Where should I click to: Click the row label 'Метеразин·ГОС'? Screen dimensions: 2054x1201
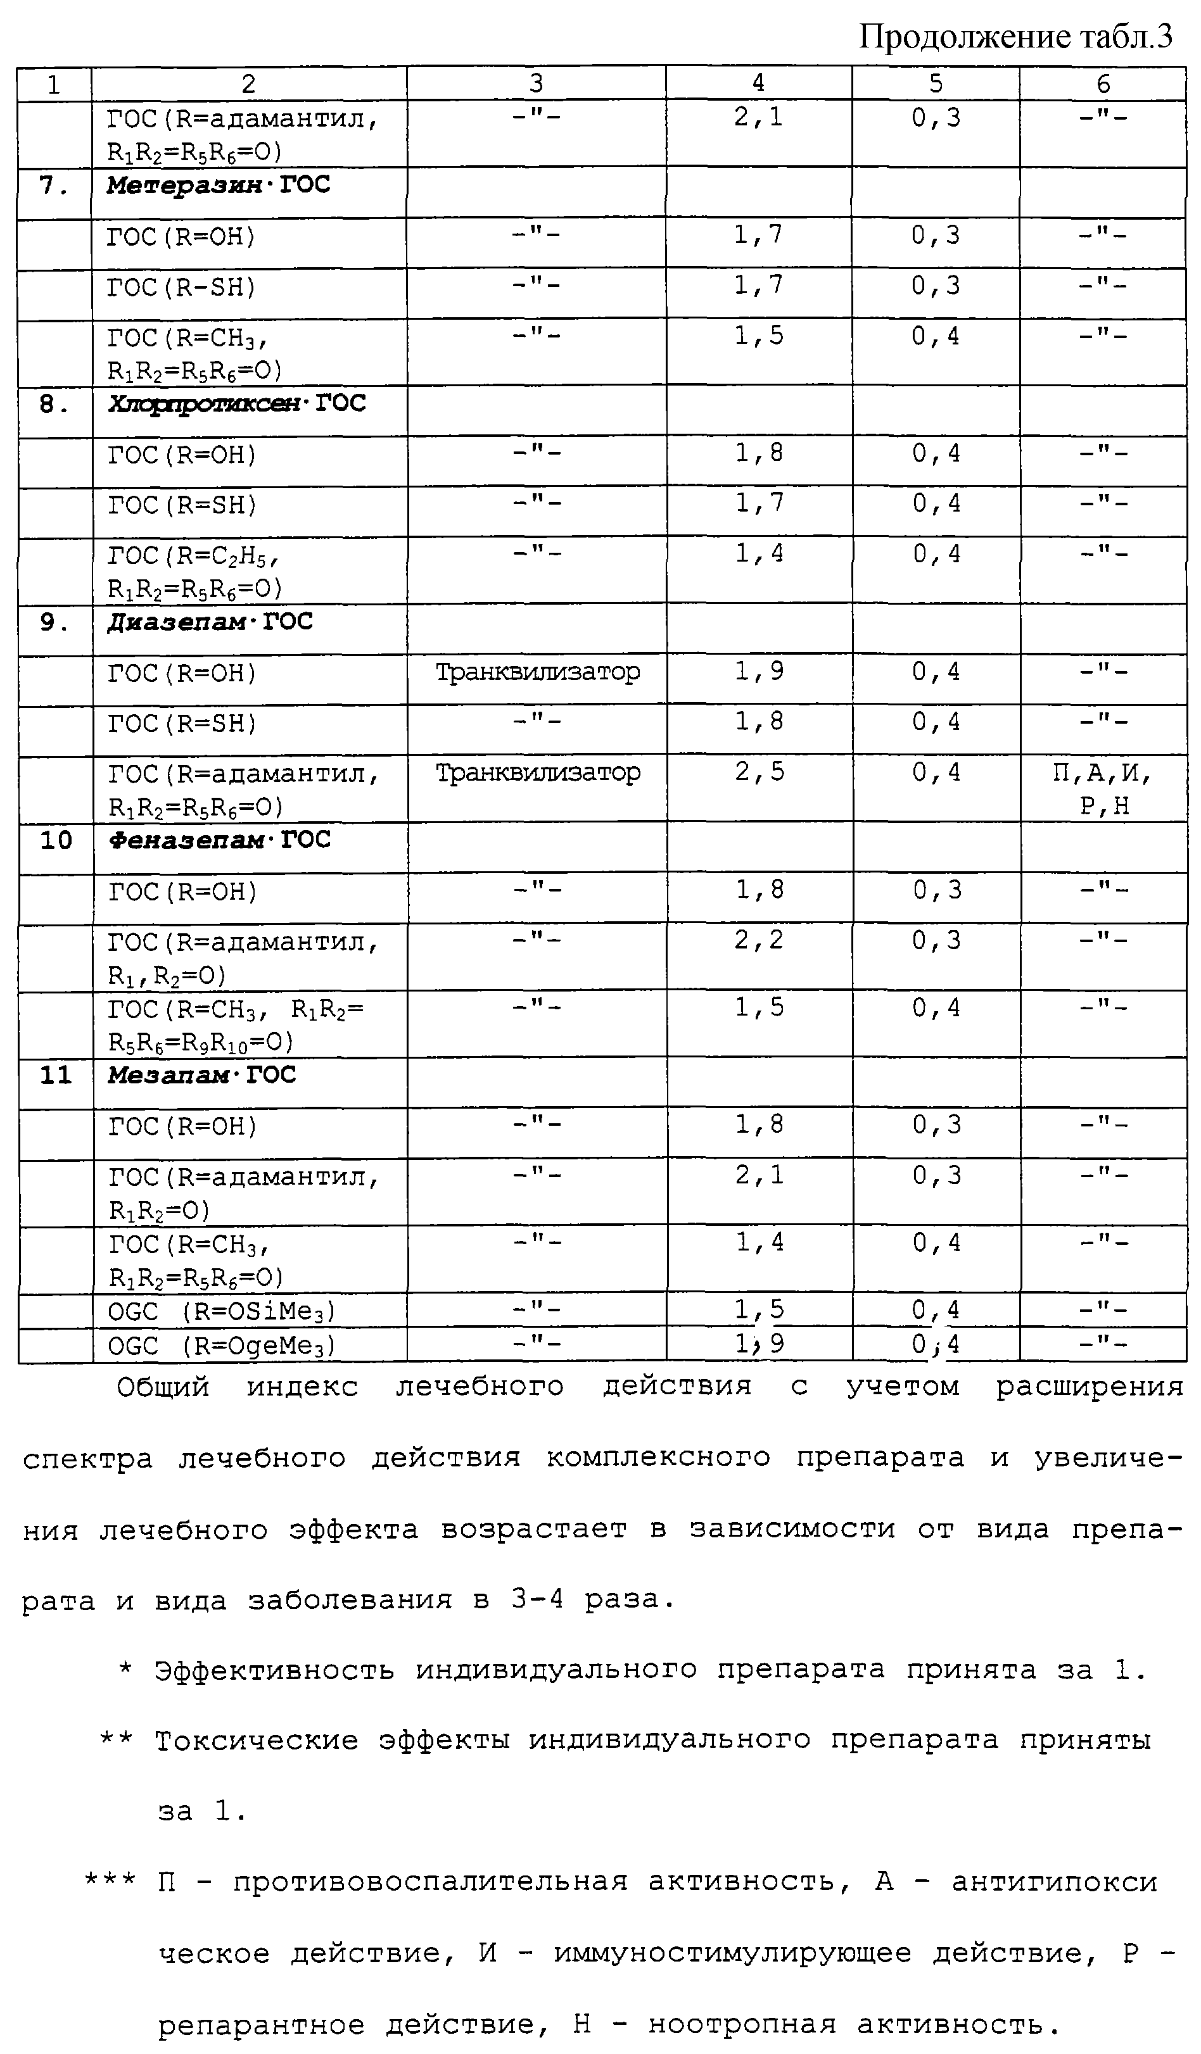click(218, 185)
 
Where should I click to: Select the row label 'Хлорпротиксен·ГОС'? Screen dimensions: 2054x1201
click(236, 403)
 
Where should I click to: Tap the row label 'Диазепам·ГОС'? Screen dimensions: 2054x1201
click(210, 622)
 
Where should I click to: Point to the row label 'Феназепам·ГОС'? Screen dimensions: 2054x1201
click(219, 840)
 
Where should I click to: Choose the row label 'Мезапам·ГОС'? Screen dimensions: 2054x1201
click(201, 1075)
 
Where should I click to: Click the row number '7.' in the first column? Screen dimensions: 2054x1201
click(54, 186)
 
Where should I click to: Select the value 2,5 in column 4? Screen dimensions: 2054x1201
click(759, 771)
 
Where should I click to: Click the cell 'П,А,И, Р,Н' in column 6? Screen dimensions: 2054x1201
click(1102, 788)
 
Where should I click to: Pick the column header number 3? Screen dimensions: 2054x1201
click(536, 83)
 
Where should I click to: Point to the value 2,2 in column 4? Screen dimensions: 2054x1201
click(759, 940)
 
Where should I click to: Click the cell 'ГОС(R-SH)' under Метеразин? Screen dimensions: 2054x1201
click(182, 287)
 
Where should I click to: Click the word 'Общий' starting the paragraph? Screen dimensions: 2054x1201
click(163, 1387)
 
